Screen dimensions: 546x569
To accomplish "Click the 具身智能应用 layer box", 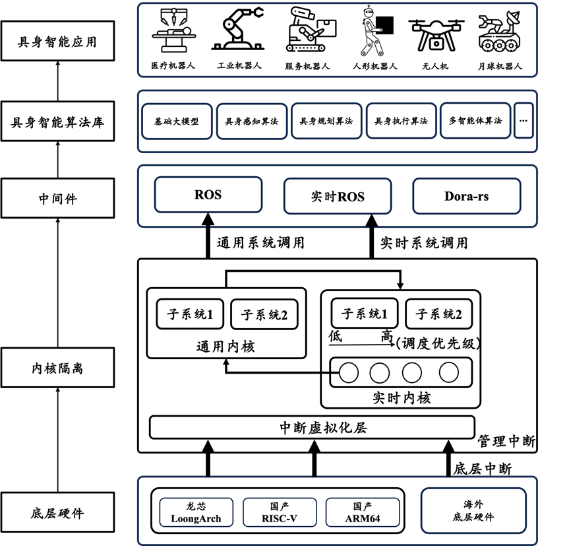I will point(57,42).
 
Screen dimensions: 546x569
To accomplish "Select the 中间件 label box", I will point(57,197).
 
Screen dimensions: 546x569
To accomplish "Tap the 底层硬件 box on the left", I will point(57,512).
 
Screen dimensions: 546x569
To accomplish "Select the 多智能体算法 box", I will point(475,121).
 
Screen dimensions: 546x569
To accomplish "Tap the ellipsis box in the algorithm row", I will point(524,121).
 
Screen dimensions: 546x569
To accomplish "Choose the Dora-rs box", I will point(467,196).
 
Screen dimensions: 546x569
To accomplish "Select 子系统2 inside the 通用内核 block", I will point(264,315).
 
